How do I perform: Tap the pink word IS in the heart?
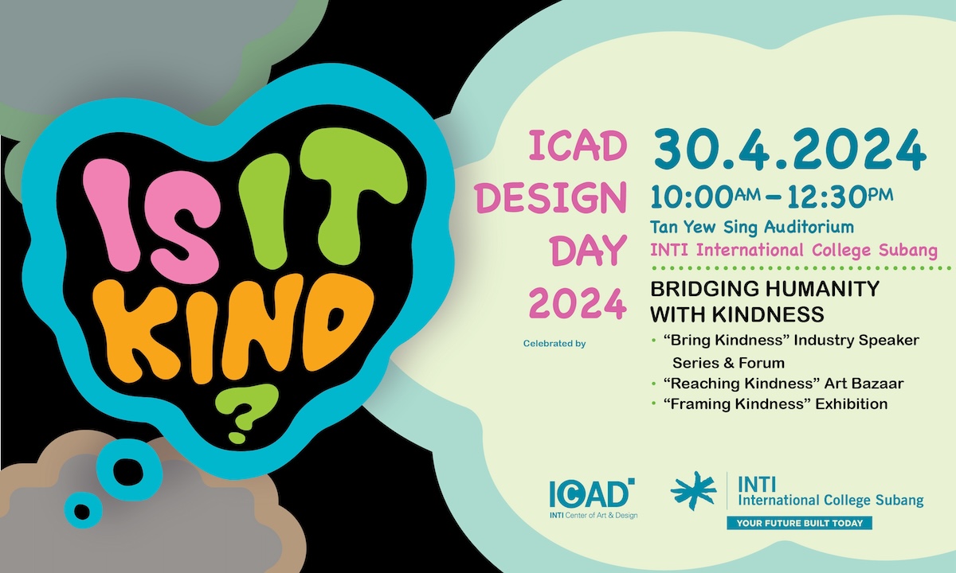coord(151,217)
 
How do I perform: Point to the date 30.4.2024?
coord(790,150)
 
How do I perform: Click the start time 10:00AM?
coord(706,197)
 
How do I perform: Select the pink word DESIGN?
coord(551,198)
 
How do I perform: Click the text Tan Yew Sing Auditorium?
coord(752,227)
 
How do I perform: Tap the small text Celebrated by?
coord(554,344)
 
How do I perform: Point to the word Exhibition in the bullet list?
coord(852,403)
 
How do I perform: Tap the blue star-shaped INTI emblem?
coord(694,491)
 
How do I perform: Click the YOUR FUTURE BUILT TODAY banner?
coord(799,523)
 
